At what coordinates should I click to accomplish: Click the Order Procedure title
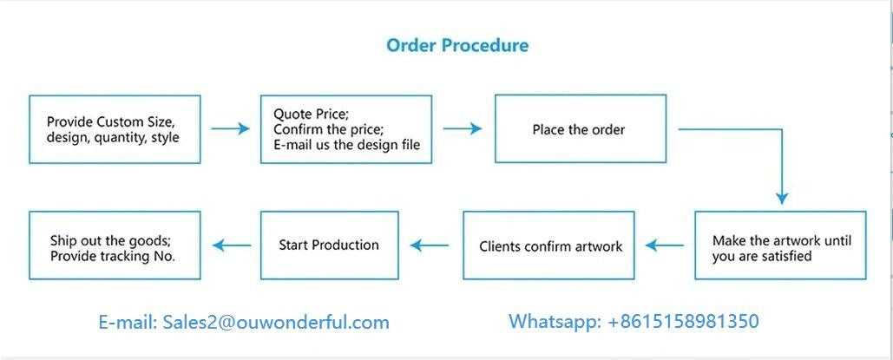(x=456, y=45)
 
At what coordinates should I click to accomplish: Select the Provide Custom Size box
(x=115, y=129)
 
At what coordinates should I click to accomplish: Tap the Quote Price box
(x=347, y=129)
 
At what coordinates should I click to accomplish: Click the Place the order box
(x=580, y=129)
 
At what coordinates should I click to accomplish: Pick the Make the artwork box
(x=780, y=245)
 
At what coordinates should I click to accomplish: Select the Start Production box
(x=329, y=245)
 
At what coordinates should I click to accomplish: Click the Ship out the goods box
(x=115, y=245)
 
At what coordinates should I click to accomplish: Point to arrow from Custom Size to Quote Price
(x=230, y=129)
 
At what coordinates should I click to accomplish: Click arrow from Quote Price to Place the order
(x=463, y=129)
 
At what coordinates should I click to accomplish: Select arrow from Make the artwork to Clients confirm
(x=665, y=245)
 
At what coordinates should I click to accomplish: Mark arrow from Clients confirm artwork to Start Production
(x=430, y=245)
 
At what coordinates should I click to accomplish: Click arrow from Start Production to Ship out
(x=232, y=245)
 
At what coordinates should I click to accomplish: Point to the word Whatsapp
(x=553, y=322)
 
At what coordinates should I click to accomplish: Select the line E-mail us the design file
(x=346, y=145)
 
